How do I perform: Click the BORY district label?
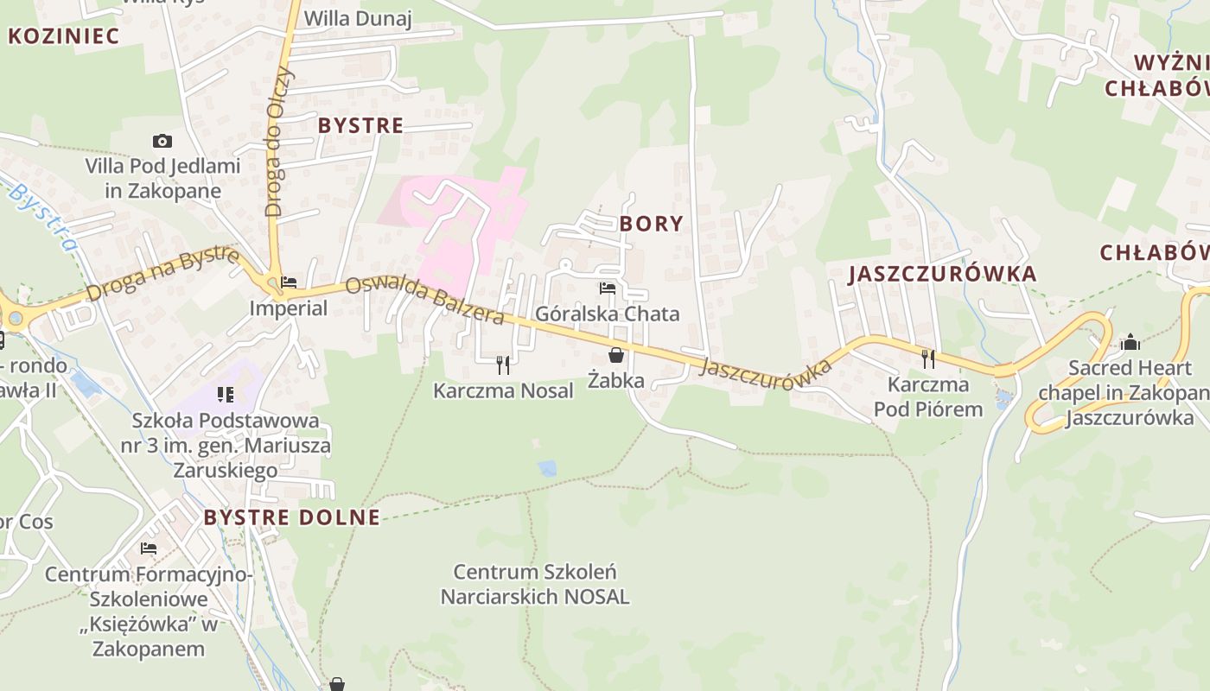click(651, 224)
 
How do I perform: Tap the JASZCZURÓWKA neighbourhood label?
click(942, 274)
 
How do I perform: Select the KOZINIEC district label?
click(63, 35)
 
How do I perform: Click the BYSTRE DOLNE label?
click(291, 517)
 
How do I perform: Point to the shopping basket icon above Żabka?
click(616, 355)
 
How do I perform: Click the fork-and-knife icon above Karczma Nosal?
click(503, 365)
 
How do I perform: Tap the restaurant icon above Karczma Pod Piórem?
click(928, 358)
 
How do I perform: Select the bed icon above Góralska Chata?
click(608, 288)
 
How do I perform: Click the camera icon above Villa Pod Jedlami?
click(162, 141)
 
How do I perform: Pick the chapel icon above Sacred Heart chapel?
click(1130, 343)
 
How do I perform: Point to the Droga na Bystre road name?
click(162, 274)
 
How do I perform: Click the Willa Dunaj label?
click(358, 18)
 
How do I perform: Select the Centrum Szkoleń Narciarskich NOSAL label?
click(535, 584)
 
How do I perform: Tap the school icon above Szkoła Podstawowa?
click(226, 395)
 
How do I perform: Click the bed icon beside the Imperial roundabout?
click(289, 282)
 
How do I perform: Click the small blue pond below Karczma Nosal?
click(546, 468)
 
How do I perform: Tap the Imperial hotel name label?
click(288, 308)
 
